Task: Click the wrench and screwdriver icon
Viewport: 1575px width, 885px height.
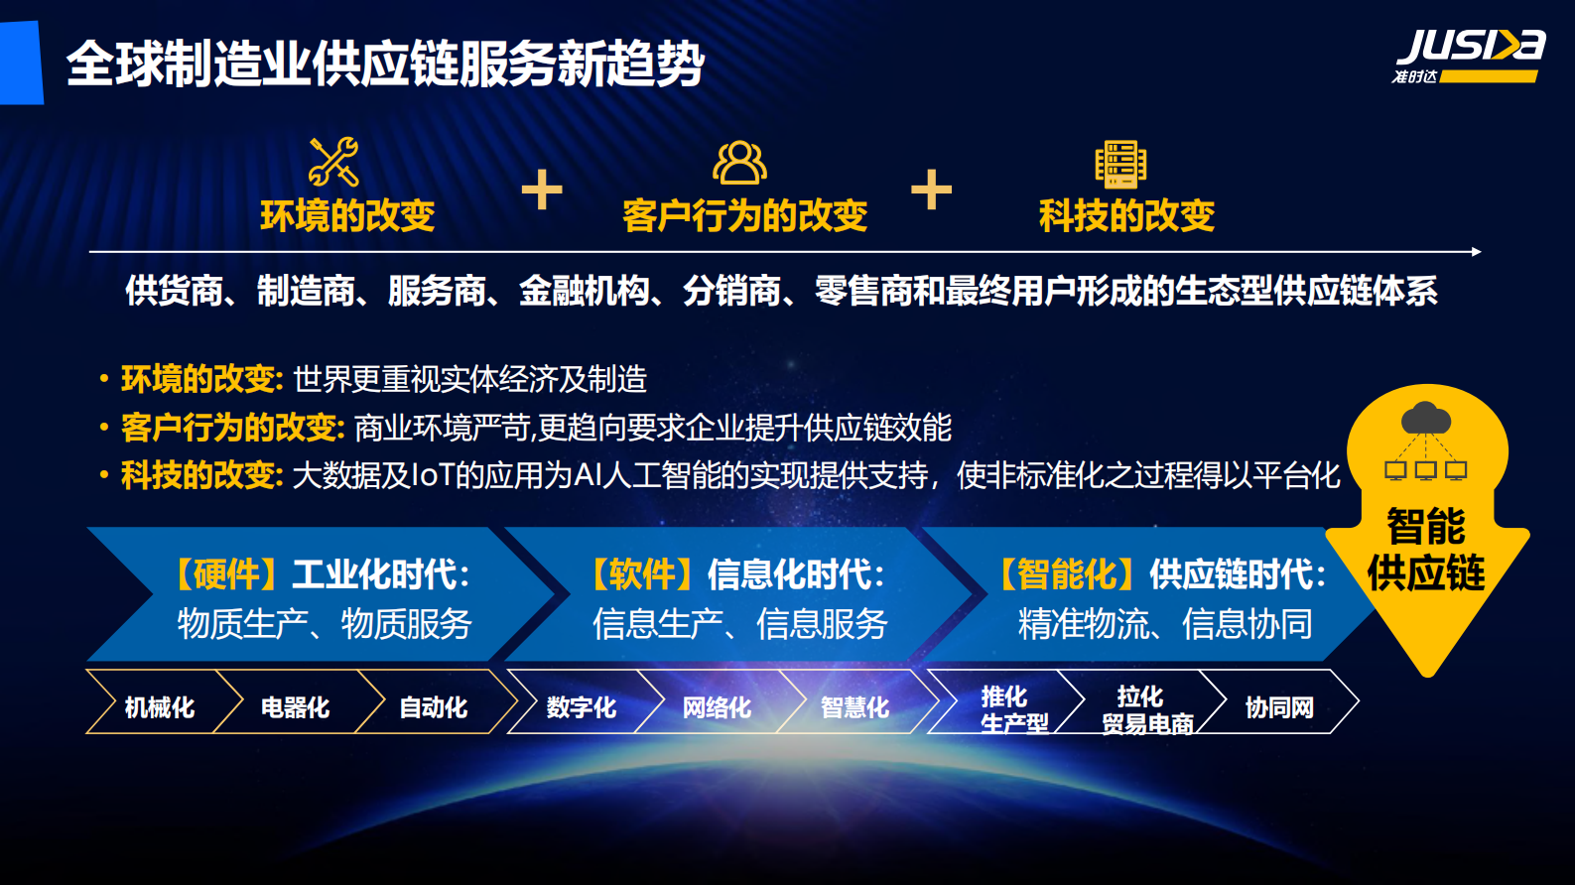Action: pyautogui.click(x=333, y=162)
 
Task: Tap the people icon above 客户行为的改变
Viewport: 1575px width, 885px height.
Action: pyautogui.click(x=739, y=163)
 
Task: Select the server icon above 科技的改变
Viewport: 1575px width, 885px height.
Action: pyautogui.click(x=1120, y=164)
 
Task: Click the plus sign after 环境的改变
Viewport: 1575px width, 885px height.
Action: pyautogui.click(x=542, y=190)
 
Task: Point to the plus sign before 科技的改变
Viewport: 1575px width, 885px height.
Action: pyautogui.click(x=931, y=190)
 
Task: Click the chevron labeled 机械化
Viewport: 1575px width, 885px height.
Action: pyautogui.click(x=159, y=706)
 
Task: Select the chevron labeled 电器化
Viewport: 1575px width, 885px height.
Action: pyautogui.click(x=295, y=706)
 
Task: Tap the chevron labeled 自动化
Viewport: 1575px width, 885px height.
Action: pyautogui.click(x=434, y=706)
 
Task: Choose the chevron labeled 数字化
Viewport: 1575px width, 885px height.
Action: pyautogui.click(x=581, y=706)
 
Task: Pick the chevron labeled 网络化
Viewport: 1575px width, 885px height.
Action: pyautogui.click(x=717, y=706)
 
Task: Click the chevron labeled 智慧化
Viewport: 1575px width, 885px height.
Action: pyautogui.click(x=854, y=706)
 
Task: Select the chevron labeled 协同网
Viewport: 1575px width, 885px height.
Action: pyautogui.click(x=1280, y=706)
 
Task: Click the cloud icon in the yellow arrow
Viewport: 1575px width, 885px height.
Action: pyautogui.click(x=1426, y=419)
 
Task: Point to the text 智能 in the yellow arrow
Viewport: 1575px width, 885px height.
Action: pyautogui.click(x=1426, y=526)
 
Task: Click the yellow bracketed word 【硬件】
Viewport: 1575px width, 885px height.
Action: pyautogui.click(x=219, y=573)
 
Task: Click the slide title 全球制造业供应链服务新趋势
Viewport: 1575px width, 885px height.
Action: pyautogui.click(x=385, y=63)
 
